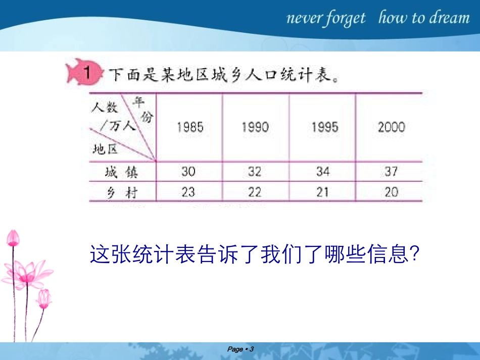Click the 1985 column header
click(190, 127)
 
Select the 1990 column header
click(255, 127)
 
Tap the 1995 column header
click(324, 127)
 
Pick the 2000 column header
click(391, 127)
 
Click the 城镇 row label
click(121, 173)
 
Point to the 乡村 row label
click(121, 192)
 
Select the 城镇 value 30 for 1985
click(188, 172)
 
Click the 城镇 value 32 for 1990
click(255, 172)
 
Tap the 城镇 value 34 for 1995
click(323, 172)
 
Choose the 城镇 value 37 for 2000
click(391, 172)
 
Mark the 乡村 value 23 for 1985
click(188, 192)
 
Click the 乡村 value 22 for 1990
click(255, 192)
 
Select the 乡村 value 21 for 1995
click(323, 192)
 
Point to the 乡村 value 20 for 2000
click(391, 192)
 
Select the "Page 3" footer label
click(240, 349)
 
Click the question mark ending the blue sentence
click(414, 254)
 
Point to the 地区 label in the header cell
click(105, 148)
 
